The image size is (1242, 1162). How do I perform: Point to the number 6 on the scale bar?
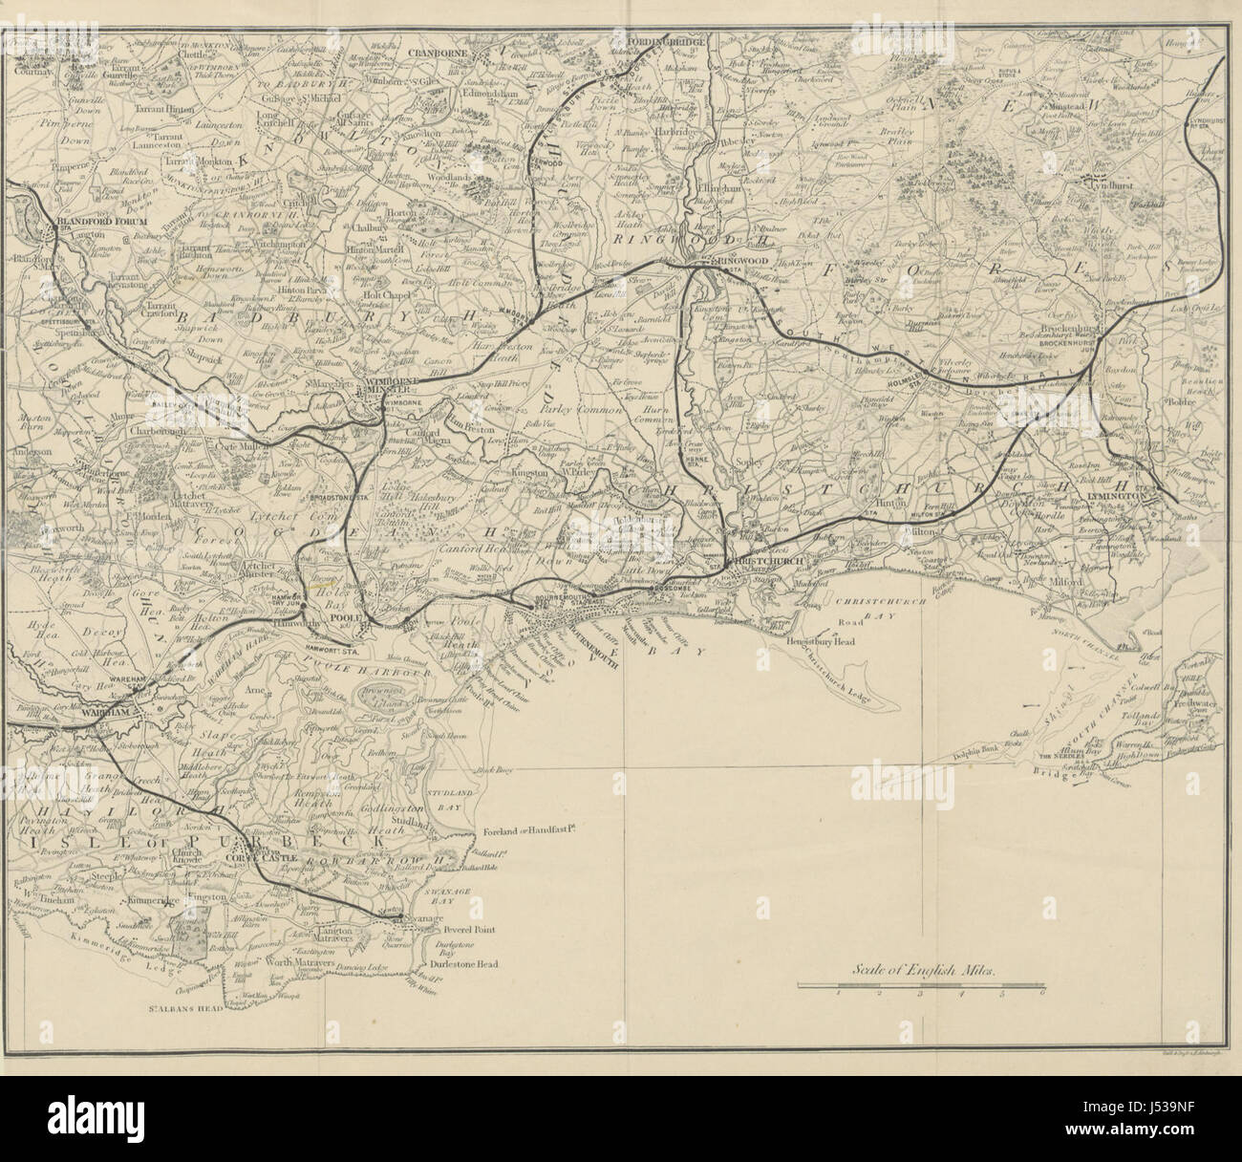coord(1042,994)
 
